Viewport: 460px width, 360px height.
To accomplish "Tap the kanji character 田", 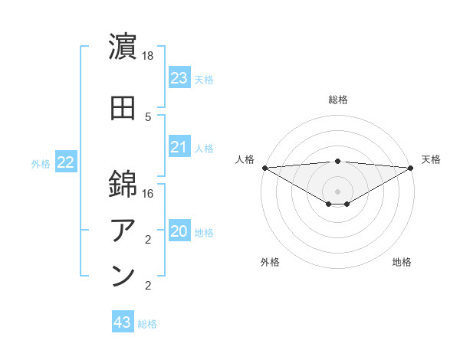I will click(x=123, y=109).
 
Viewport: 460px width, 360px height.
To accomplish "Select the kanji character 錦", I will click(x=123, y=183).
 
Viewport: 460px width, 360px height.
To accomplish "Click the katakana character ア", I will click(x=123, y=230).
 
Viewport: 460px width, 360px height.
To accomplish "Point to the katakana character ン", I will click(x=123, y=277).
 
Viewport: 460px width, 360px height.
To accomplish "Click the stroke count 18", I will click(x=149, y=57).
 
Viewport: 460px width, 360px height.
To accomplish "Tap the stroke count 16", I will click(x=149, y=194).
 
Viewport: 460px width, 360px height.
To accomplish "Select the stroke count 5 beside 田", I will click(x=149, y=116).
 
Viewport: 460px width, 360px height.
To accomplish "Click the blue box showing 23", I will click(x=179, y=78).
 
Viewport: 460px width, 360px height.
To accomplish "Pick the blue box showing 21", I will click(x=179, y=147).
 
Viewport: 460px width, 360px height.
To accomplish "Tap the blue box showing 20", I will click(x=179, y=232).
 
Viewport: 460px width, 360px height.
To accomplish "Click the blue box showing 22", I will click(x=65, y=162).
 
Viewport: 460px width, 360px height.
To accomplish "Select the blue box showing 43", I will click(x=122, y=323).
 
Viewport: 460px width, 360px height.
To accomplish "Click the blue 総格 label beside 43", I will click(x=147, y=324).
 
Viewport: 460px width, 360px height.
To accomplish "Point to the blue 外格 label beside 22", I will click(x=41, y=163).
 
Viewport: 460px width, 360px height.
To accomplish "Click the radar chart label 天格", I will click(x=431, y=159).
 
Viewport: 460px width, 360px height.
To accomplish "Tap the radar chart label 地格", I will click(x=402, y=263).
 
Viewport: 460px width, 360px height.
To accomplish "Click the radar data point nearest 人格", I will click(x=264, y=168).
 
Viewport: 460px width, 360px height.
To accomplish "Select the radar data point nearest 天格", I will click(x=410, y=168).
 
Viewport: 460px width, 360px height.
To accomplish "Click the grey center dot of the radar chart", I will click(x=337, y=191).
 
